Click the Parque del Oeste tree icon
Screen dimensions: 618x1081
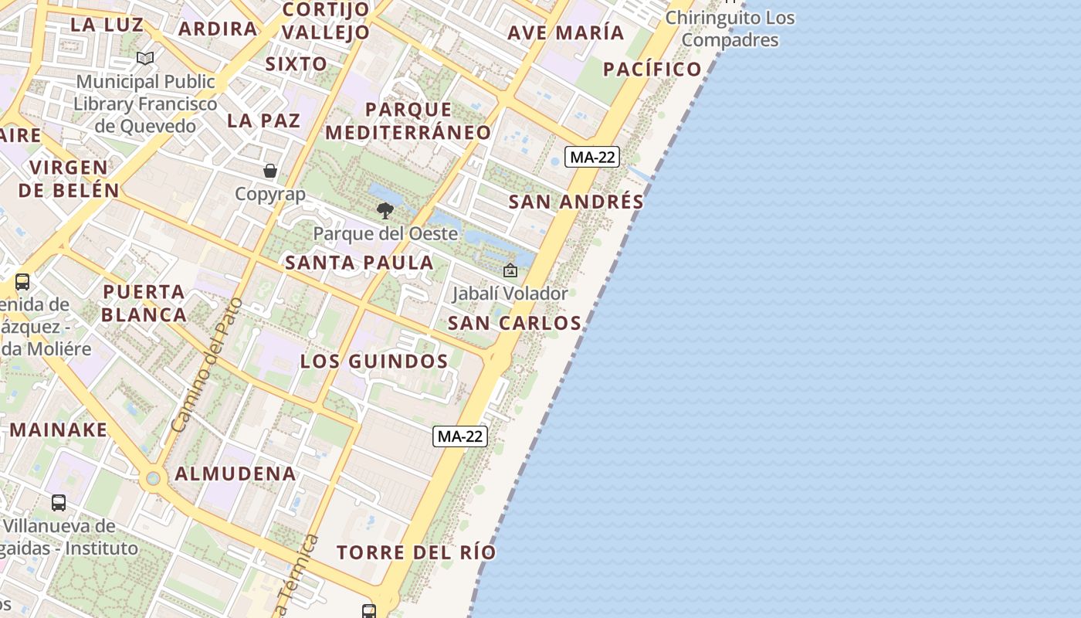(385, 210)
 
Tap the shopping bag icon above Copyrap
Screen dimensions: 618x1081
(270, 171)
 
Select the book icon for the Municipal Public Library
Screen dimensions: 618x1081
(145, 58)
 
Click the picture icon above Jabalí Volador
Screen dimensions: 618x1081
(510, 270)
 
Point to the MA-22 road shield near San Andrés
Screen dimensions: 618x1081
(592, 158)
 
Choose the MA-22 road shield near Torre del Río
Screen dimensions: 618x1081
(460, 436)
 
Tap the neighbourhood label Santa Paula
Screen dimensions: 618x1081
(359, 263)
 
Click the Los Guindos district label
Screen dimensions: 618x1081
(374, 362)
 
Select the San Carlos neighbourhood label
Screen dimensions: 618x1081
(514, 323)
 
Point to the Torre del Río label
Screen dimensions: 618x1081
(416, 552)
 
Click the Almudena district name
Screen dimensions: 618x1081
(236, 474)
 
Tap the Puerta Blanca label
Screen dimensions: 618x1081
(144, 303)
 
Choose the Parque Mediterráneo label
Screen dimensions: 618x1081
(408, 121)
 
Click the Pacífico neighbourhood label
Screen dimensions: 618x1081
(652, 69)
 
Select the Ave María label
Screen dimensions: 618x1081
(566, 32)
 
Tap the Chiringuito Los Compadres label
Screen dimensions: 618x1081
(730, 29)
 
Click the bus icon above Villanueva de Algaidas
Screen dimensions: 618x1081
(59, 503)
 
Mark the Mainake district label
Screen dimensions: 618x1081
(59, 430)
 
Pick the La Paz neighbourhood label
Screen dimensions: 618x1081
(263, 121)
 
